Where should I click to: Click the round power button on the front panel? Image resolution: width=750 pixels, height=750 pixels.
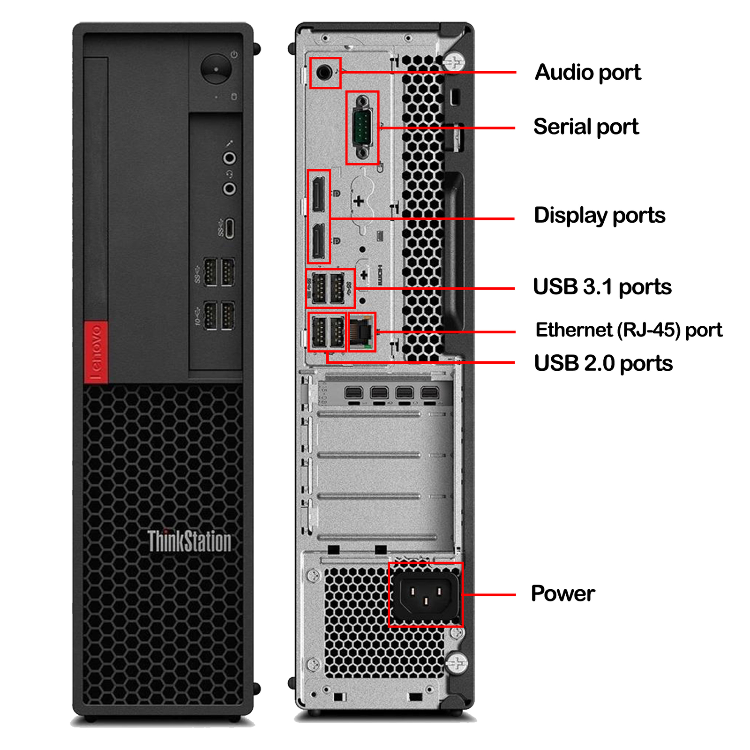(216, 69)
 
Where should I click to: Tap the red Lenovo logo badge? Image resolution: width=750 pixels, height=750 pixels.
(96, 352)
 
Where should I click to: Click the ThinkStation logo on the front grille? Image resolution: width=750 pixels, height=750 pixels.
(189, 541)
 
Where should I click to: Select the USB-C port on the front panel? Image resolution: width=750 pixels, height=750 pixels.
(229, 228)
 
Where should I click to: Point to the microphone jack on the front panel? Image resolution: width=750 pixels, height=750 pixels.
(229, 158)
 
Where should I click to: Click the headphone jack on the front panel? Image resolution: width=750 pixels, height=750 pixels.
(229, 188)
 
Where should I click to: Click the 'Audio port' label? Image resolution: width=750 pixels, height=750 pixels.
(588, 73)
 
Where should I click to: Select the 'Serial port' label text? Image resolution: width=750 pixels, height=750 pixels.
(586, 127)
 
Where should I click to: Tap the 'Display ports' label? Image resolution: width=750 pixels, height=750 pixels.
(600, 216)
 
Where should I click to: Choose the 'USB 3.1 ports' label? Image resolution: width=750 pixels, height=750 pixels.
(602, 287)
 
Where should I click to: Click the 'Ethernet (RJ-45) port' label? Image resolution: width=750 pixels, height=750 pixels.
(629, 330)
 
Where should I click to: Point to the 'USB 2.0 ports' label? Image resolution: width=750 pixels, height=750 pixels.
(603, 364)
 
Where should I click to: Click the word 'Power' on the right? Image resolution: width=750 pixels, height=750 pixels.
(563, 593)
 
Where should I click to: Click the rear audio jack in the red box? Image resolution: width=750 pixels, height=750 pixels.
(324, 73)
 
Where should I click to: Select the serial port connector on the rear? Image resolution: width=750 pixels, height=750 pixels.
(362, 127)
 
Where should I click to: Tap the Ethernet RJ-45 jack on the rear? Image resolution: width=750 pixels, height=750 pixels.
(362, 331)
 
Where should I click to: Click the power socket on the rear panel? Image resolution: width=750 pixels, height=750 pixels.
(426, 594)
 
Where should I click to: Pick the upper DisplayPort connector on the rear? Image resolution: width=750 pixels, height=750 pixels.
(318, 194)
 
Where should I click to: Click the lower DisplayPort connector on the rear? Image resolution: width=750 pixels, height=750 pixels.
(318, 240)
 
